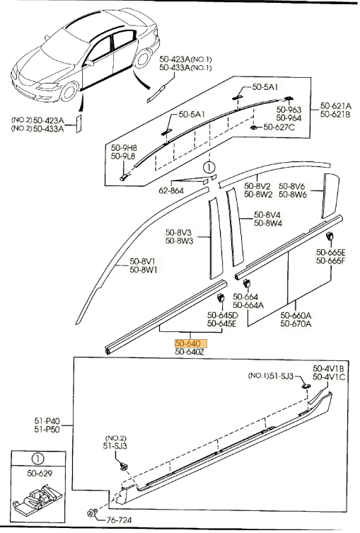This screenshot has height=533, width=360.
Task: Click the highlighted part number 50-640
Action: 188,343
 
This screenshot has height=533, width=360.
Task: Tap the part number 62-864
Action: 171,190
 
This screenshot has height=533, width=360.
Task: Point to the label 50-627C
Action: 279,127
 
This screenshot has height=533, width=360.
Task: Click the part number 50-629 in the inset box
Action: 40,473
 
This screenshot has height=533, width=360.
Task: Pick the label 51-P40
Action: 47,421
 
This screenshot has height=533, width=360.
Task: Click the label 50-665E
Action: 331,252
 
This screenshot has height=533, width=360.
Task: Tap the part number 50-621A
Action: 336,106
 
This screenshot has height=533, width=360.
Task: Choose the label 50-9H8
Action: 124,148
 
